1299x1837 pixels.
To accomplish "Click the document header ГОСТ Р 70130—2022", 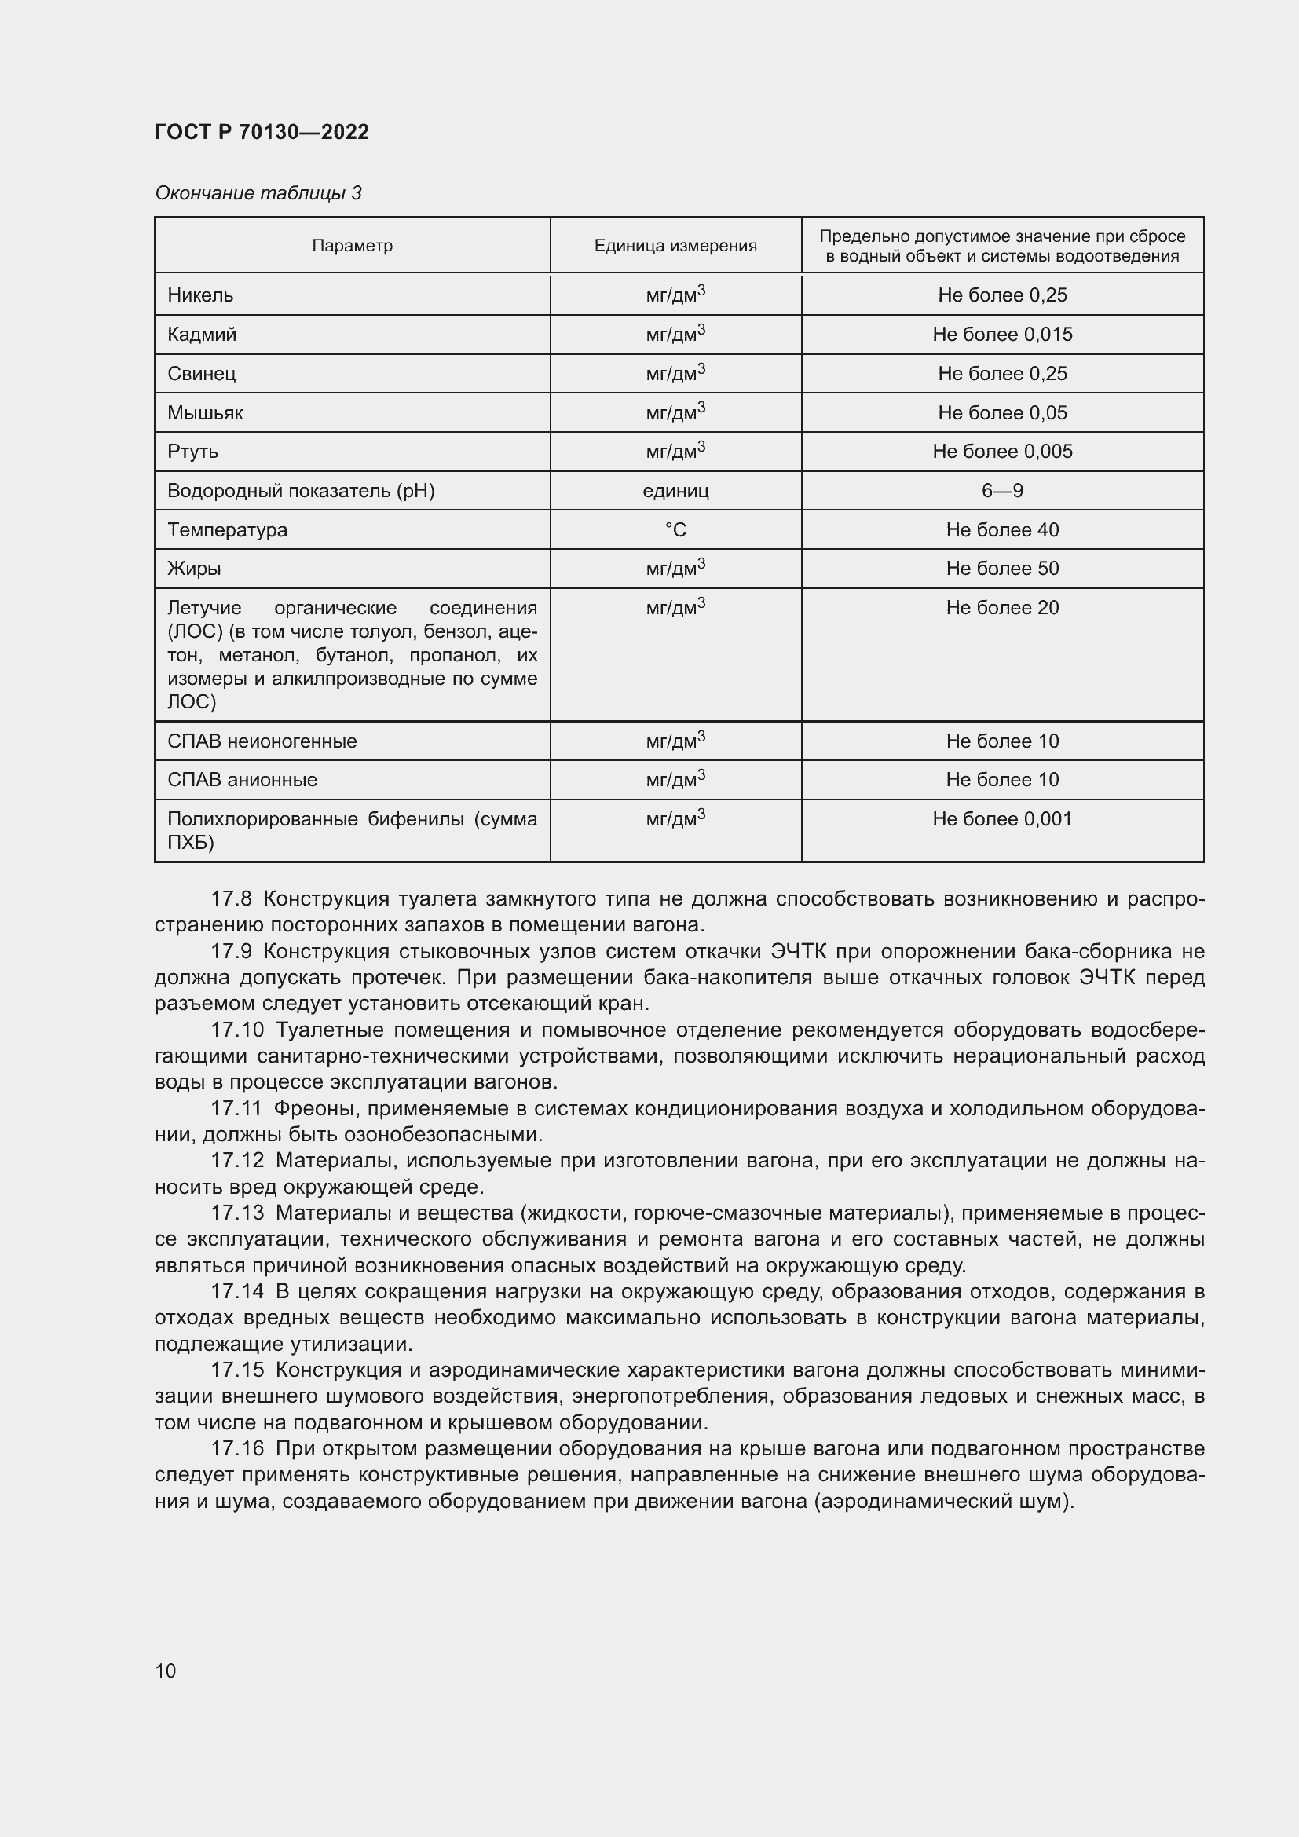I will click(x=262, y=132).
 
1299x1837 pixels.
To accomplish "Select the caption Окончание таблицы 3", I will click(x=258, y=193).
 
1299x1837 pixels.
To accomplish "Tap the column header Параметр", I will click(x=352, y=246).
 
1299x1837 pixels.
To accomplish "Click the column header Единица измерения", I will click(x=675, y=246).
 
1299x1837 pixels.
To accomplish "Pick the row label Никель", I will click(x=200, y=295).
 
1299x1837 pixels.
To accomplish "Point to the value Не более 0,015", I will click(x=1001, y=335).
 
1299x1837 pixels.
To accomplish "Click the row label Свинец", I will click(x=202, y=374).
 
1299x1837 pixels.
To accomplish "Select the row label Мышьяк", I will click(x=205, y=413).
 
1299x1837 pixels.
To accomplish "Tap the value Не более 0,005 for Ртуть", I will click(x=1001, y=452).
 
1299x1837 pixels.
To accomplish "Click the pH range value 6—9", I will click(x=1001, y=490).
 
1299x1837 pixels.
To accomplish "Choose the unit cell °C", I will click(x=675, y=529).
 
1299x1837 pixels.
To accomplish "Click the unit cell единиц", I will click(x=675, y=490).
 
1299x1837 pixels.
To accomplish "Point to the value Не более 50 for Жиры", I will click(x=1001, y=569).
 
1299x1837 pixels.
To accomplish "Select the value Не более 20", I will click(x=1001, y=608).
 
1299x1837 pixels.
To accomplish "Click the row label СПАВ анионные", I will click(x=242, y=780).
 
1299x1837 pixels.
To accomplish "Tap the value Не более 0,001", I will click(x=1001, y=819).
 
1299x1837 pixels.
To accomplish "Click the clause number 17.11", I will click(x=236, y=1109).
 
